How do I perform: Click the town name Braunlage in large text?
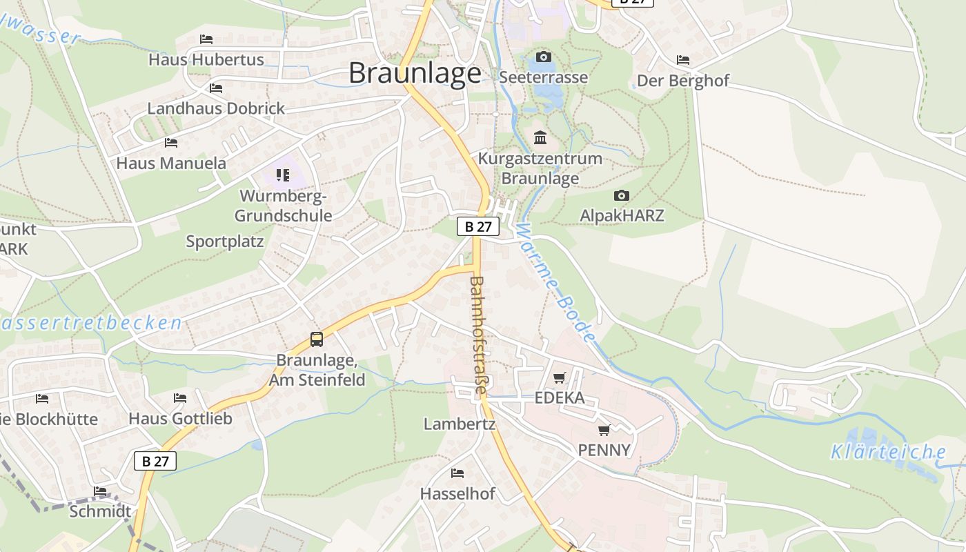[x=415, y=72]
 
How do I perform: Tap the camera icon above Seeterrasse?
[x=544, y=57]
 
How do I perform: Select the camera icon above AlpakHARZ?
[x=622, y=196]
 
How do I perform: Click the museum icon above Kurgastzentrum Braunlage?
[x=540, y=138]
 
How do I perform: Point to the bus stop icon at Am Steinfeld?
[x=317, y=339]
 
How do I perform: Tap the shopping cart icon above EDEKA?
[x=560, y=377]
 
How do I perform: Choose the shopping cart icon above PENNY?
[x=604, y=430]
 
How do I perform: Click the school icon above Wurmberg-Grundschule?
[x=283, y=175]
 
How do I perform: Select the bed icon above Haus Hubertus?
[x=206, y=39]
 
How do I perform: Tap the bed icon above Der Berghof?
[x=683, y=60]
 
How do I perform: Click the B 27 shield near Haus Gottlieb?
[x=155, y=461]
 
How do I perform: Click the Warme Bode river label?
[x=555, y=283]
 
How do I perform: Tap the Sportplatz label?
[x=225, y=241]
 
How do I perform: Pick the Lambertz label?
[x=460, y=424]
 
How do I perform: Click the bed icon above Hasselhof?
[x=457, y=473]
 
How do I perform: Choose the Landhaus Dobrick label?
[x=216, y=108]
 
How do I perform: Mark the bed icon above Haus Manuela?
[x=171, y=143]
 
